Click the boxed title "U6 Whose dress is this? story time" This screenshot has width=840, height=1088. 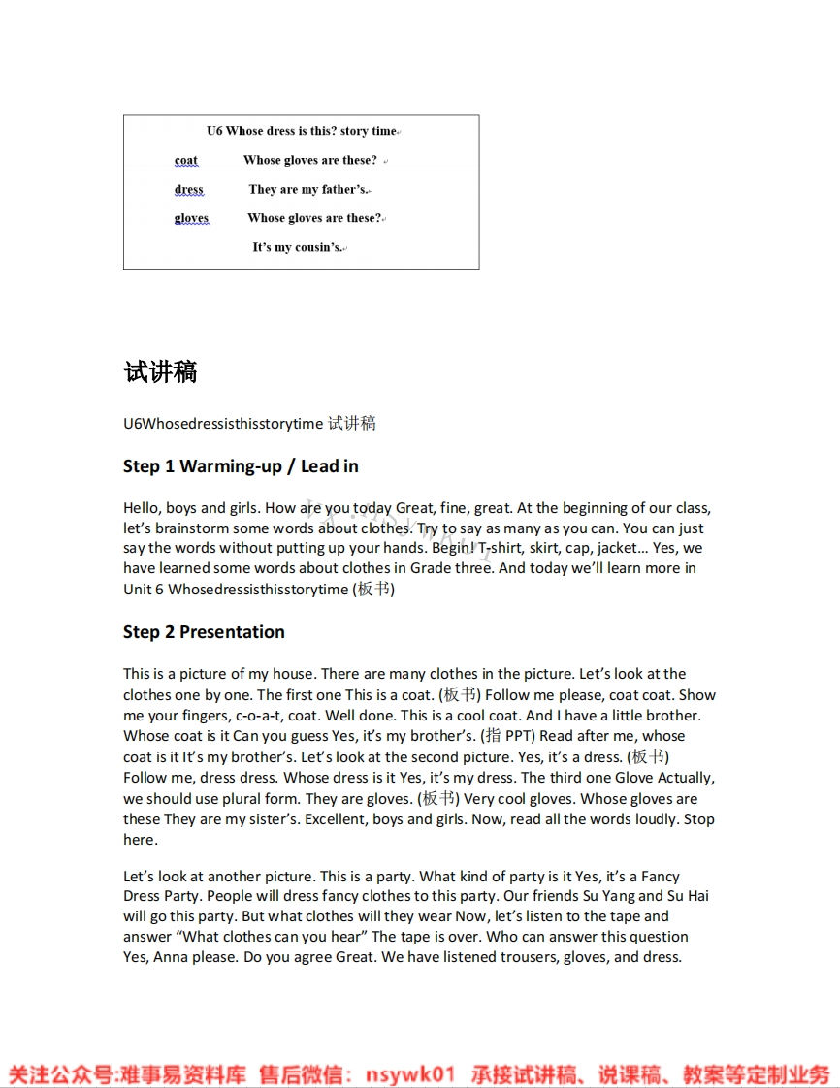pyautogui.click(x=302, y=131)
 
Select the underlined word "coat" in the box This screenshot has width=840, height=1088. pyautogui.click(x=186, y=161)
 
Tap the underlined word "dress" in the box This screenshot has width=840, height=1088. pyautogui.click(x=189, y=190)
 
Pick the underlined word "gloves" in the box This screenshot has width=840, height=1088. pyautogui.click(x=191, y=218)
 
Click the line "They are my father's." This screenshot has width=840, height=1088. pyautogui.click(x=308, y=190)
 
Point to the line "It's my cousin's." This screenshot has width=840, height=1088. pyautogui.click(x=298, y=247)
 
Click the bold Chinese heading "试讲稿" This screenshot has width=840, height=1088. pyautogui.click(x=160, y=372)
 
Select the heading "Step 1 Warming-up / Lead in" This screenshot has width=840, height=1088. pyautogui.click(x=241, y=466)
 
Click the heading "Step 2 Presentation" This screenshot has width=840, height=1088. pyautogui.click(x=204, y=632)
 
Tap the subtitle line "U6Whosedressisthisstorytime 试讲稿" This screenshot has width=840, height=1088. pyautogui.click(x=249, y=423)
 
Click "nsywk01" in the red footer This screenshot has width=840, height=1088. pyautogui.click(x=410, y=1074)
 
